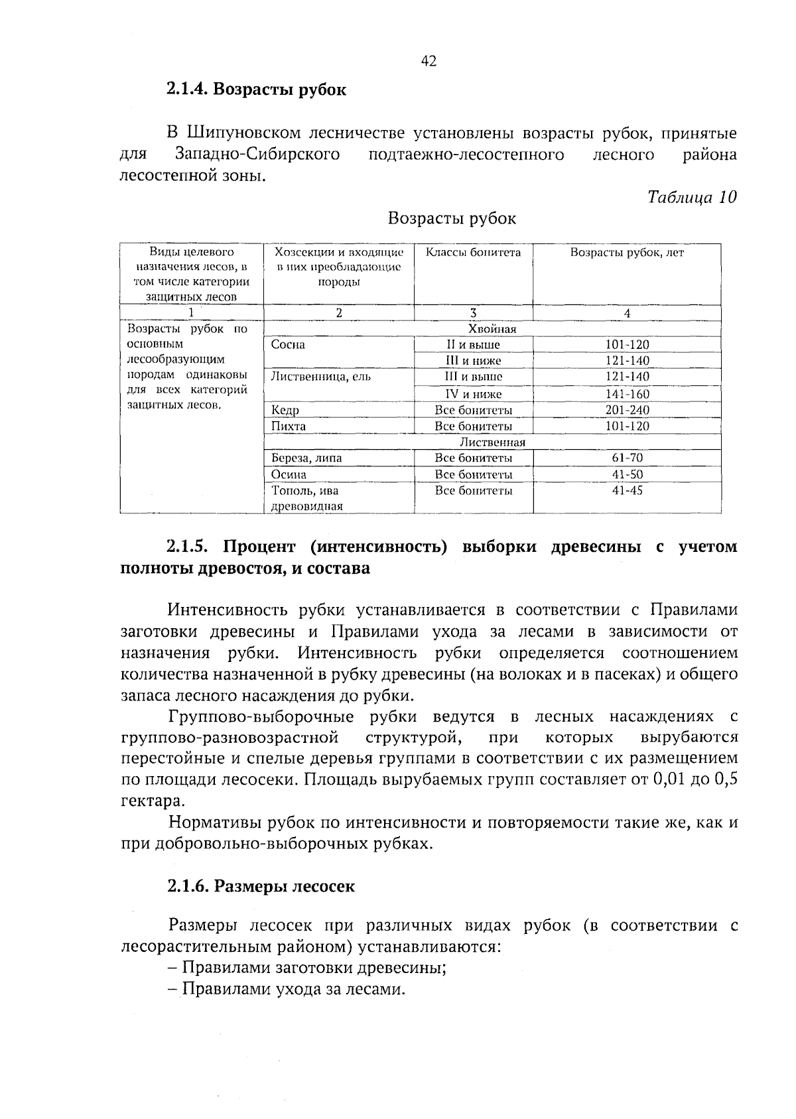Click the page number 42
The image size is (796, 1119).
(429, 62)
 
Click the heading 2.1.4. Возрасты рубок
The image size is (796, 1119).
(256, 90)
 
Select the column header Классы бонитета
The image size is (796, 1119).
(473, 253)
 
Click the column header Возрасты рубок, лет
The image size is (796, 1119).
(627, 253)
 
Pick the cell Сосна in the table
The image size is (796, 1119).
(288, 345)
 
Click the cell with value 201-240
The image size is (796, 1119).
(627, 411)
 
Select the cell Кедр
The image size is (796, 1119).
(285, 411)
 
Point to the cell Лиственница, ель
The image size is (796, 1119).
(321, 377)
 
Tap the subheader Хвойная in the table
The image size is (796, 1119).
(492, 329)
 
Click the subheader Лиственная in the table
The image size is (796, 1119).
(492, 442)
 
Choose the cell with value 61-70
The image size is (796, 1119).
(627, 458)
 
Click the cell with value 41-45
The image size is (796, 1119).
(627, 492)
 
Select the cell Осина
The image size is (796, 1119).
(289, 475)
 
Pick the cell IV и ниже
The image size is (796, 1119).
(473, 394)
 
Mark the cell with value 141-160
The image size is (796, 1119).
(627, 394)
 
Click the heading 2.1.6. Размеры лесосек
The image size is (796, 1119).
(261, 887)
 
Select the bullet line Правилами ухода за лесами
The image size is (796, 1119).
(293, 990)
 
